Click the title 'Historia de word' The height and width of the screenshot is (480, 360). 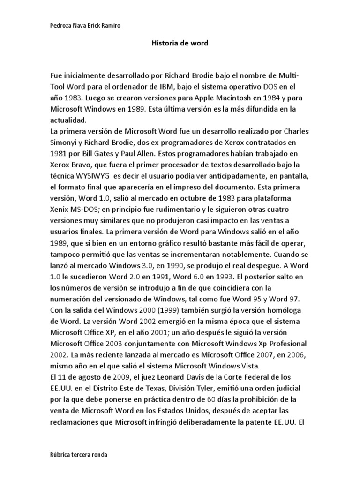[x=180, y=43]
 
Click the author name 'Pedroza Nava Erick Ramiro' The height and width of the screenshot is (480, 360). [x=84, y=26]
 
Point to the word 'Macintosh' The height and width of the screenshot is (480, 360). [x=220, y=98]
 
